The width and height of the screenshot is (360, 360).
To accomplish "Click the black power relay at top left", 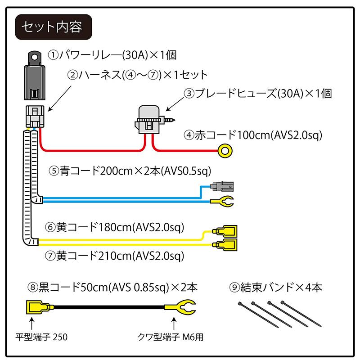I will point(34,76).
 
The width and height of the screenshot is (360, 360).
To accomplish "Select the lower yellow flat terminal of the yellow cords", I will point(227,245).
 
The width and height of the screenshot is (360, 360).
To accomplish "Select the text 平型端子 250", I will point(41,336).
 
